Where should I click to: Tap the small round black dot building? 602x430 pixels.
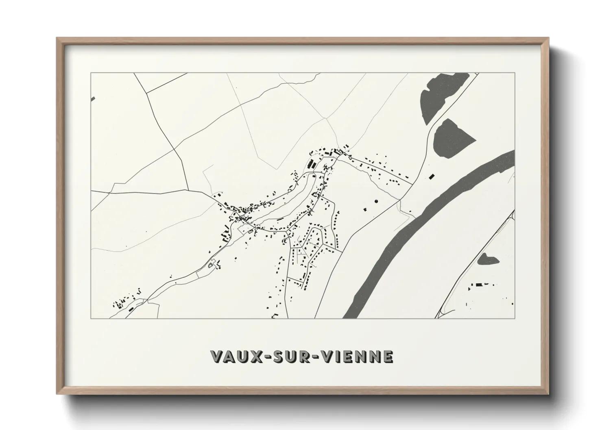[x=375, y=201]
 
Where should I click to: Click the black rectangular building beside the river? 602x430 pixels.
[x=432, y=176]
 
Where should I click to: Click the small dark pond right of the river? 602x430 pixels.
[x=488, y=259]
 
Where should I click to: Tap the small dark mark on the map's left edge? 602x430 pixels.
[x=93, y=99]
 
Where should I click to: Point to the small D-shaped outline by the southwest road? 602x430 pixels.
[x=210, y=265]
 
